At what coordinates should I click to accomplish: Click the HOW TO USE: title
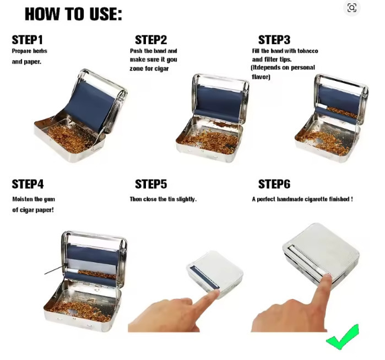pyautogui.click(x=73, y=14)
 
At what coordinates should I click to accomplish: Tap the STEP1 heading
pyautogui.click(x=27, y=40)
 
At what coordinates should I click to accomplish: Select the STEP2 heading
pyautogui.click(x=151, y=40)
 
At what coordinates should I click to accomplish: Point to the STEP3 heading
pyautogui.click(x=274, y=40)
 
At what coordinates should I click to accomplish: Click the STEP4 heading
pyautogui.click(x=28, y=184)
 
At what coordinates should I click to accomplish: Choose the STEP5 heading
pyautogui.click(x=151, y=184)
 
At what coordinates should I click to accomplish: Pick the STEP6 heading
pyautogui.click(x=274, y=184)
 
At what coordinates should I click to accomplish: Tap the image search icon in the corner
pyautogui.click(x=352, y=8)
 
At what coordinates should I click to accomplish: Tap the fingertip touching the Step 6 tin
pyautogui.click(x=327, y=279)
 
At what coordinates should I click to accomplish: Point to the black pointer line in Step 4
pyautogui.click(x=56, y=269)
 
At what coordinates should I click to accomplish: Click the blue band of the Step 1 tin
pyautogui.click(x=91, y=106)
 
